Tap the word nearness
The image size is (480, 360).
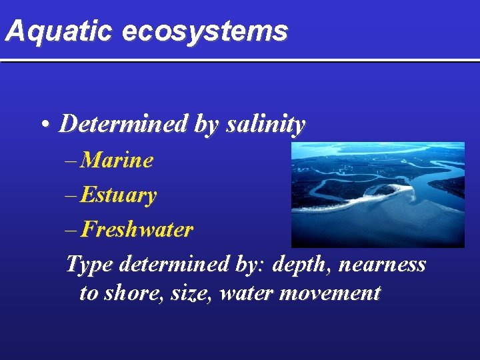[383, 265]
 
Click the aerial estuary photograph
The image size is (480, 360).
[377, 194]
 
